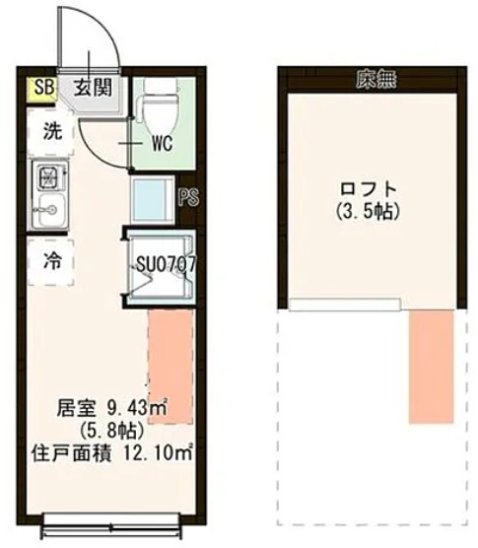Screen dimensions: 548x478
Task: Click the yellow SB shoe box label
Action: pos(42,88)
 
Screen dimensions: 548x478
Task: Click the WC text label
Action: pos(162,144)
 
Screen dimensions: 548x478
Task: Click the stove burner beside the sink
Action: pos(47,177)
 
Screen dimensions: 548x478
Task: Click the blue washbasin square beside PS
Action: pos(153,199)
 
